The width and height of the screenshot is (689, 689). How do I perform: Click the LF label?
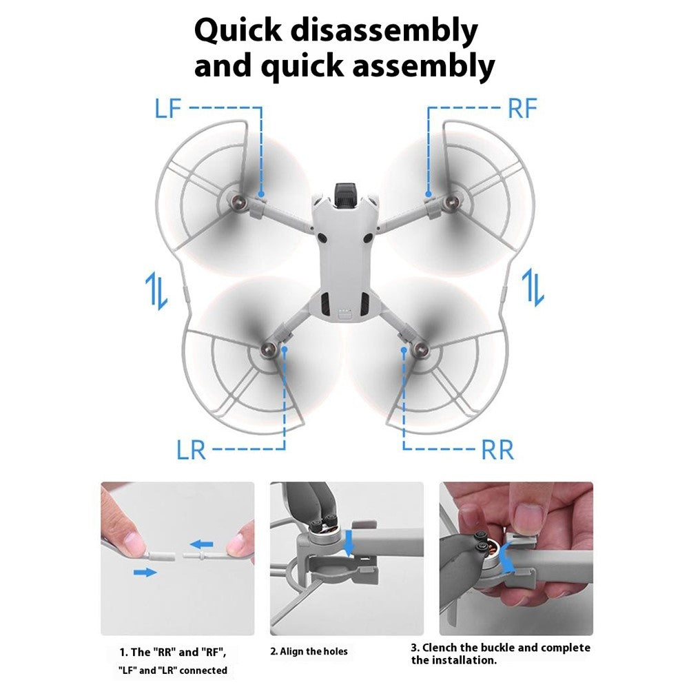(168, 108)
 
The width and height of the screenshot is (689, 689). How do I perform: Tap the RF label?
(522, 108)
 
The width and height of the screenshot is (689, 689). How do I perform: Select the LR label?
(191, 449)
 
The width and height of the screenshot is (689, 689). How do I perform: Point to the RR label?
(498, 449)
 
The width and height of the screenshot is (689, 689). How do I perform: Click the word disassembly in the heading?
(384, 32)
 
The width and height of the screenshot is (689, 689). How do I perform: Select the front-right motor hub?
(451, 203)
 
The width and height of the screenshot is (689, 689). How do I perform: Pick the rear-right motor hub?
(422, 350)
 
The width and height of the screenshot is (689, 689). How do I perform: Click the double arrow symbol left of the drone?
(156, 291)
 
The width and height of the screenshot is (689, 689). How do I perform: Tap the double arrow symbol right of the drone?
(533, 287)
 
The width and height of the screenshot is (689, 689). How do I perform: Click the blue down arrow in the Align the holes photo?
(349, 543)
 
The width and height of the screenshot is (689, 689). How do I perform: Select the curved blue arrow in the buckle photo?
(509, 557)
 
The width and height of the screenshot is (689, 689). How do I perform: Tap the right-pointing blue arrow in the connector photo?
(145, 572)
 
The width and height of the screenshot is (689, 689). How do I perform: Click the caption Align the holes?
(309, 651)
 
